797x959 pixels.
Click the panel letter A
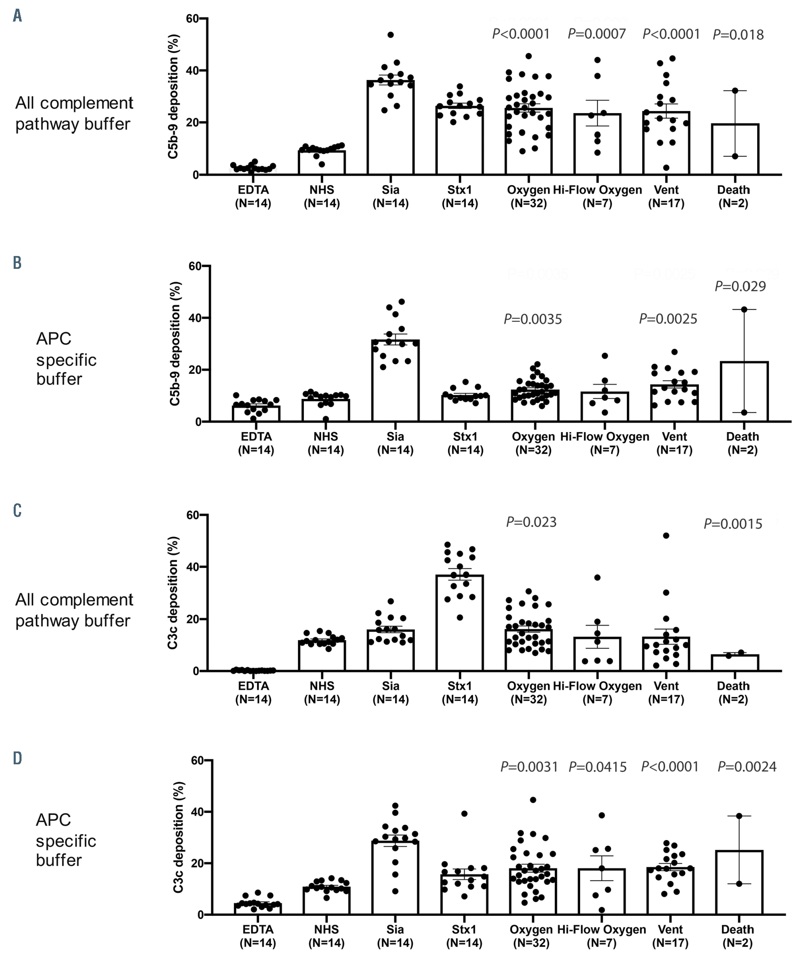pyautogui.click(x=17, y=17)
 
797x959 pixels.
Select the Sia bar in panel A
pyautogui.click(x=390, y=128)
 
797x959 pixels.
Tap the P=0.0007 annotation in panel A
pyautogui.click(x=597, y=34)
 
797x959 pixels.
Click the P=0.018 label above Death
pyautogui.click(x=738, y=35)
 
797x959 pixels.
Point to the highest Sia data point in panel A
pyautogui.click(x=390, y=35)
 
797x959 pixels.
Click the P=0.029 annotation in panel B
pyautogui.click(x=740, y=286)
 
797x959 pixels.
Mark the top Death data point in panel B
pyautogui.click(x=744, y=309)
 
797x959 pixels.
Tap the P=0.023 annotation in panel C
pyautogui.click(x=531, y=522)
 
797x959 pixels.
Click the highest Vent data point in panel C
pyautogui.click(x=666, y=536)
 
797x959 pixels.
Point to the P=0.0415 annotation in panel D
pyautogui.click(x=597, y=767)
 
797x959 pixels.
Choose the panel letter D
pyautogui.click(x=17, y=759)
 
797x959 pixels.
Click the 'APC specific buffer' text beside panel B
pyautogui.click(x=66, y=359)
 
